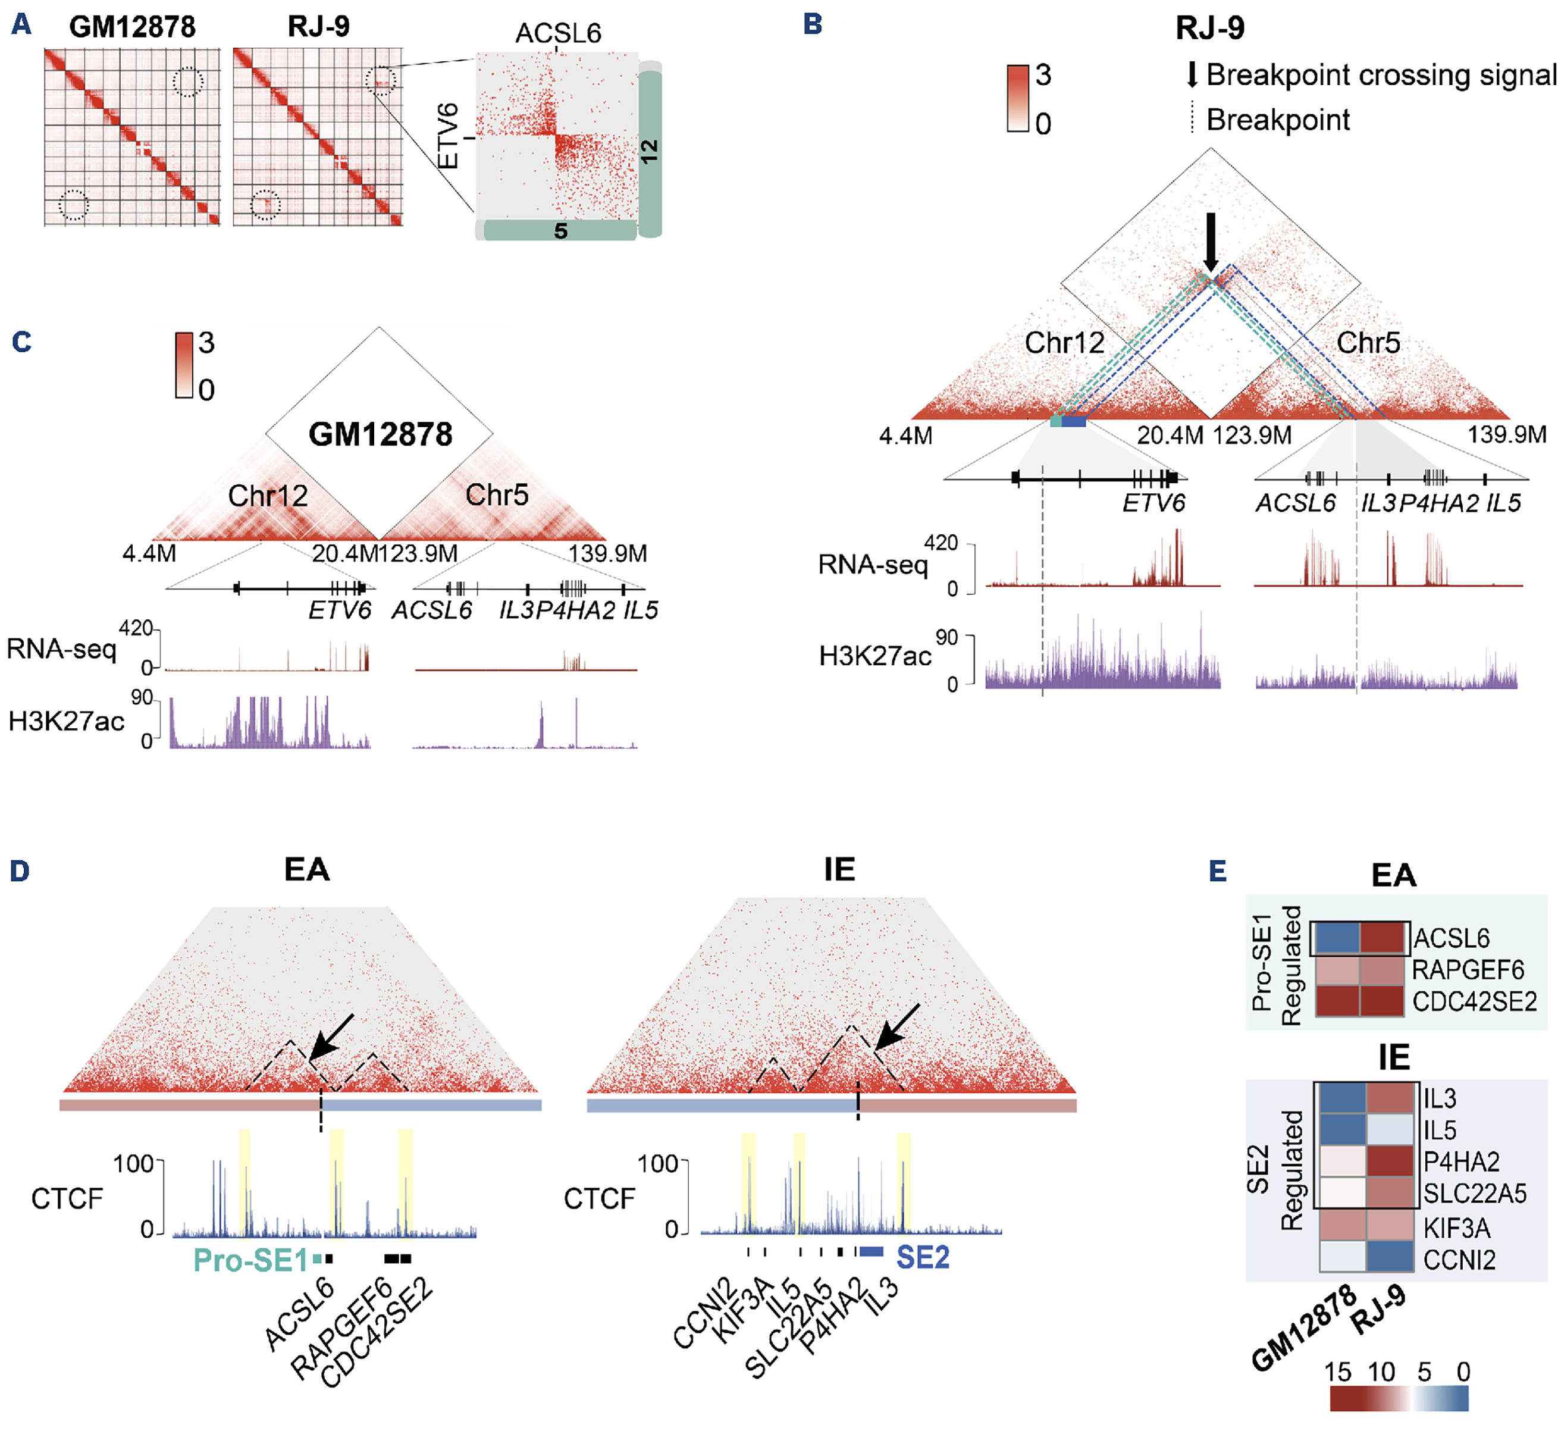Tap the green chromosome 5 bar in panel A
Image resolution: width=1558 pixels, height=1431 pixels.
(x=559, y=230)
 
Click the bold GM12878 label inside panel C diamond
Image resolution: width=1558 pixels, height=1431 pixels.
(x=380, y=434)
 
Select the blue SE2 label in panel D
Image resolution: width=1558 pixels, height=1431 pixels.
(x=922, y=1257)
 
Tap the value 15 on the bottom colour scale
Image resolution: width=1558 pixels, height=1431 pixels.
(x=1337, y=1372)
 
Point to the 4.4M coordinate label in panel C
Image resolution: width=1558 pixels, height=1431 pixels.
(x=149, y=554)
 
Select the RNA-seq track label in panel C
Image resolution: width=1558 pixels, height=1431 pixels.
(x=61, y=649)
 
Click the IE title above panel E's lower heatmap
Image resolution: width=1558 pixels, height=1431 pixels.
(x=1394, y=1058)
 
